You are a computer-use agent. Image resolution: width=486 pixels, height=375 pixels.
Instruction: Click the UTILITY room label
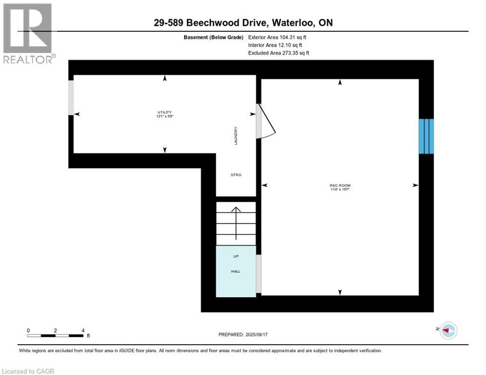click(x=164, y=112)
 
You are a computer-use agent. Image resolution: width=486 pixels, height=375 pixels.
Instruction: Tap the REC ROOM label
click(x=340, y=186)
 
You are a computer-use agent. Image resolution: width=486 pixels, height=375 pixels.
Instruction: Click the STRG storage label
click(x=236, y=174)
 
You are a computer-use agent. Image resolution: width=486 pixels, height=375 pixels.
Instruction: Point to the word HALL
click(x=236, y=271)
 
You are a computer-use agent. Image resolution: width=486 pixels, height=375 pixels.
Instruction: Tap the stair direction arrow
click(x=236, y=223)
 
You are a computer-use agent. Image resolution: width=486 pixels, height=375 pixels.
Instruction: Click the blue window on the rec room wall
click(x=426, y=136)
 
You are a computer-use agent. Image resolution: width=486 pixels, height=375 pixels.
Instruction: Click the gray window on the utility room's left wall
click(x=71, y=98)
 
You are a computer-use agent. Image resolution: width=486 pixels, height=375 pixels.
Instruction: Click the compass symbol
click(x=447, y=331)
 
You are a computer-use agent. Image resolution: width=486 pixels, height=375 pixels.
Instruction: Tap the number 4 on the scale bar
click(x=83, y=331)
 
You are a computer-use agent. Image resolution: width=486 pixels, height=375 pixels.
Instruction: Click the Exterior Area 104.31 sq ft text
click(x=277, y=37)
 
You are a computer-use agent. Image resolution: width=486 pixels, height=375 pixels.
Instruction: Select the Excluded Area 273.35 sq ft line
click(x=278, y=53)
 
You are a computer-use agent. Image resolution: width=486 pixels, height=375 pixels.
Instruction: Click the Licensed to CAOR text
click(x=28, y=371)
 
